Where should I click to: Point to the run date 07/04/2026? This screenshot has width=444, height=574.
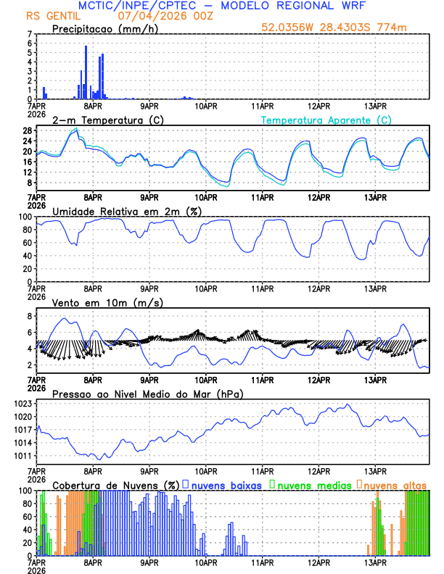146,15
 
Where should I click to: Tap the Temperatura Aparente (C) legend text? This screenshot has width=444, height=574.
326,120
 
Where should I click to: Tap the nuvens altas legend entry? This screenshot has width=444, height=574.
395,484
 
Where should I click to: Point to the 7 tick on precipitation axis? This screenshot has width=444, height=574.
29,34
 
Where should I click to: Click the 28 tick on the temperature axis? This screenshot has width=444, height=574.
26,130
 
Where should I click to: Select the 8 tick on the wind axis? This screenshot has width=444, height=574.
29,316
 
